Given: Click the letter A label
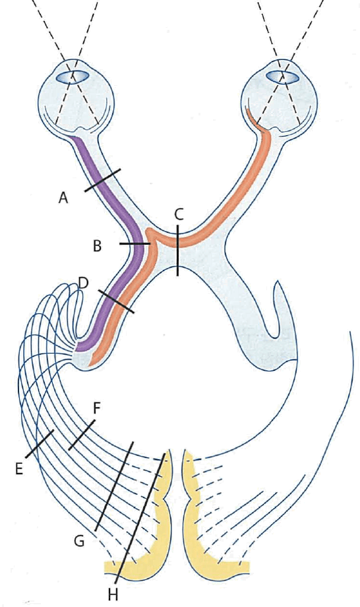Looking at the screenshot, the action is pos(63,198).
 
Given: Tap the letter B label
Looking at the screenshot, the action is pos(98,246).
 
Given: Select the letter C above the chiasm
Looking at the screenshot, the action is pos(179,214).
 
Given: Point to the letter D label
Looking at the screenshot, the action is pos(83,282).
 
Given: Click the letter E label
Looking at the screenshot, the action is pos(19,468).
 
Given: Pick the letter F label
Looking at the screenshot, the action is pos(97,408).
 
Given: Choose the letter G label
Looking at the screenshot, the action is pos(79,541).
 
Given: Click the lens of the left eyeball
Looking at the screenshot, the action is pos(73,76).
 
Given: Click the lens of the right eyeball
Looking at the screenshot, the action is pos(284,76).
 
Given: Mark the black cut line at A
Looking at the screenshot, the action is pos(102,180).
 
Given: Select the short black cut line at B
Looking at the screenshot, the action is pos(135,244).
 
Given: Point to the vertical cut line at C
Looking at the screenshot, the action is pos(177,250).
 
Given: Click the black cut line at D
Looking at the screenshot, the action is pos(117,301).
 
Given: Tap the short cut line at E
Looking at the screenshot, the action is pos(40,445).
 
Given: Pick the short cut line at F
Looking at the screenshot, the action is pos(81,435).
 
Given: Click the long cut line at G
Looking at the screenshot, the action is pos(113,486).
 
